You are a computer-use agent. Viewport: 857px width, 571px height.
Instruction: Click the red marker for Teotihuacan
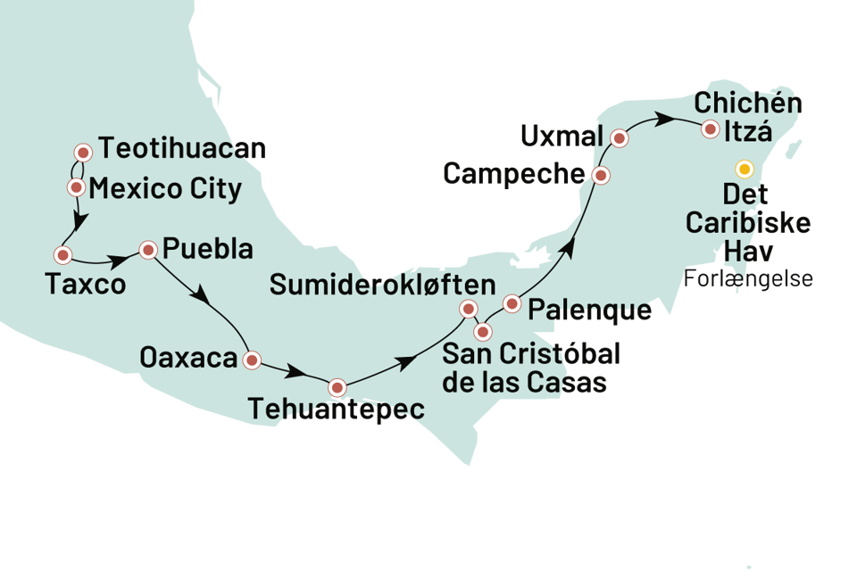point(83,152)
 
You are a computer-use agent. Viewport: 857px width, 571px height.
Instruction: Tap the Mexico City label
point(165,189)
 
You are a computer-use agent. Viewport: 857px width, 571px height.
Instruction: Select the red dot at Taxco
point(62,254)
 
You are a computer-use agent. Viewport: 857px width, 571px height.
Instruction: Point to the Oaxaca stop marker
point(253,360)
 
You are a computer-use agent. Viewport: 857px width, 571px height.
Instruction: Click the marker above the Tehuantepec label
point(337,388)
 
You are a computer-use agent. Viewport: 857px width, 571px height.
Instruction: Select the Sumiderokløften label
point(382,285)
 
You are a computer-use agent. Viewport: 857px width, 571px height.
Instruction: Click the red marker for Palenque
point(512,303)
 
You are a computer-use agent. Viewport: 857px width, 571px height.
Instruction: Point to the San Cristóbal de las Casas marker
point(483,333)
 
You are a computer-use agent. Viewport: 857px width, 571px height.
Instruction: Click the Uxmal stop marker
point(620,138)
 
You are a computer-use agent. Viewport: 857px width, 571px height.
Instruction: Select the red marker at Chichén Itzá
point(710,129)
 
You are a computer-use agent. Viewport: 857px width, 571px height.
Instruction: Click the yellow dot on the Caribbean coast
point(743,168)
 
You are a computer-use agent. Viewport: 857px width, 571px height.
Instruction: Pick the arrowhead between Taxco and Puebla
point(115,261)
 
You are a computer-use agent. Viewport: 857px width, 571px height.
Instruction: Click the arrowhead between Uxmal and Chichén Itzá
point(663,117)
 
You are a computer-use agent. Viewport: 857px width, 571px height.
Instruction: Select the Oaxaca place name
point(188,359)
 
